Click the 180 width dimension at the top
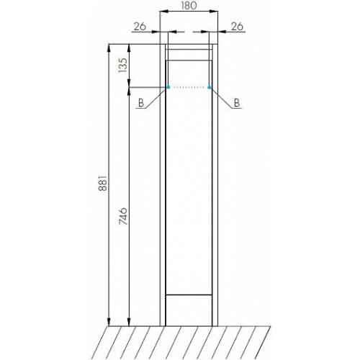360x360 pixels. pyautogui.click(x=189, y=6)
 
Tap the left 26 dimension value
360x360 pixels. pyautogui.click(x=140, y=27)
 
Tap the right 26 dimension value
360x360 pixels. pyautogui.click(x=237, y=27)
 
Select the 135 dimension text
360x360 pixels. pyautogui.click(x=122, y=65)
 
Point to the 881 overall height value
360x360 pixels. pyautogui.click(x=102, y=183)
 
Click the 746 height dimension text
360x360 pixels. pyautogui.click(x=123, y=216)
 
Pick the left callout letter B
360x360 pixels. pyautogui.click(x=141, y=103)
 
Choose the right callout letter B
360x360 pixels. pyautogui.click(x=237, y=103)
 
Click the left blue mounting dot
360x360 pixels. pyautogui.click(x=168, y=87)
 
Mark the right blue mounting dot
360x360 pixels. pyautogui.click(x=210, y=87)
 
